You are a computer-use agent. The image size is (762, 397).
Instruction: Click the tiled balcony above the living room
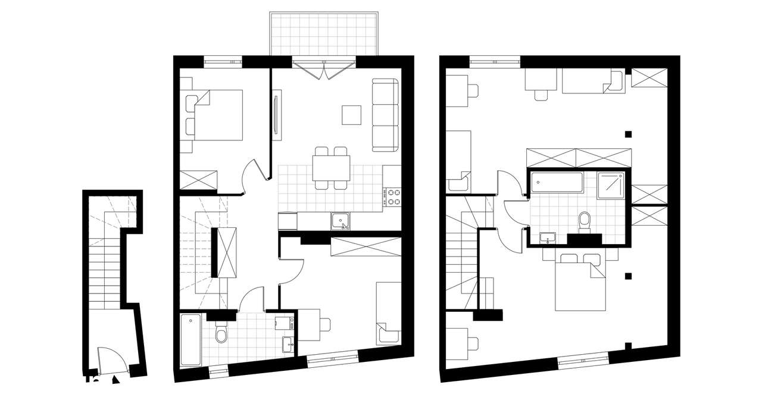[x=324, y=34]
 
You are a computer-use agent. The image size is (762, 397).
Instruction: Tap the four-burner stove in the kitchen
[x=394, y=197]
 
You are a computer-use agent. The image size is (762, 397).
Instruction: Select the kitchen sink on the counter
[x=341, y=221]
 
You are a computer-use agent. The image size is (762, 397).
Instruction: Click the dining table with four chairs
[x=331, y=167]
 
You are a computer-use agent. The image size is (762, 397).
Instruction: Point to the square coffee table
[x=351, y=115]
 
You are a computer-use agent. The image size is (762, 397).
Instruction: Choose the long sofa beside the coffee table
[x=385, y=114]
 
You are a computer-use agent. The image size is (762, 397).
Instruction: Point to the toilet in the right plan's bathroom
[x=585, y=221]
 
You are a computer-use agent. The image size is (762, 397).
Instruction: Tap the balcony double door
[x=324, y=68]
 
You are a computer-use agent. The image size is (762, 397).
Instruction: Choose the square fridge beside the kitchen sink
[x=287, y=221]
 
